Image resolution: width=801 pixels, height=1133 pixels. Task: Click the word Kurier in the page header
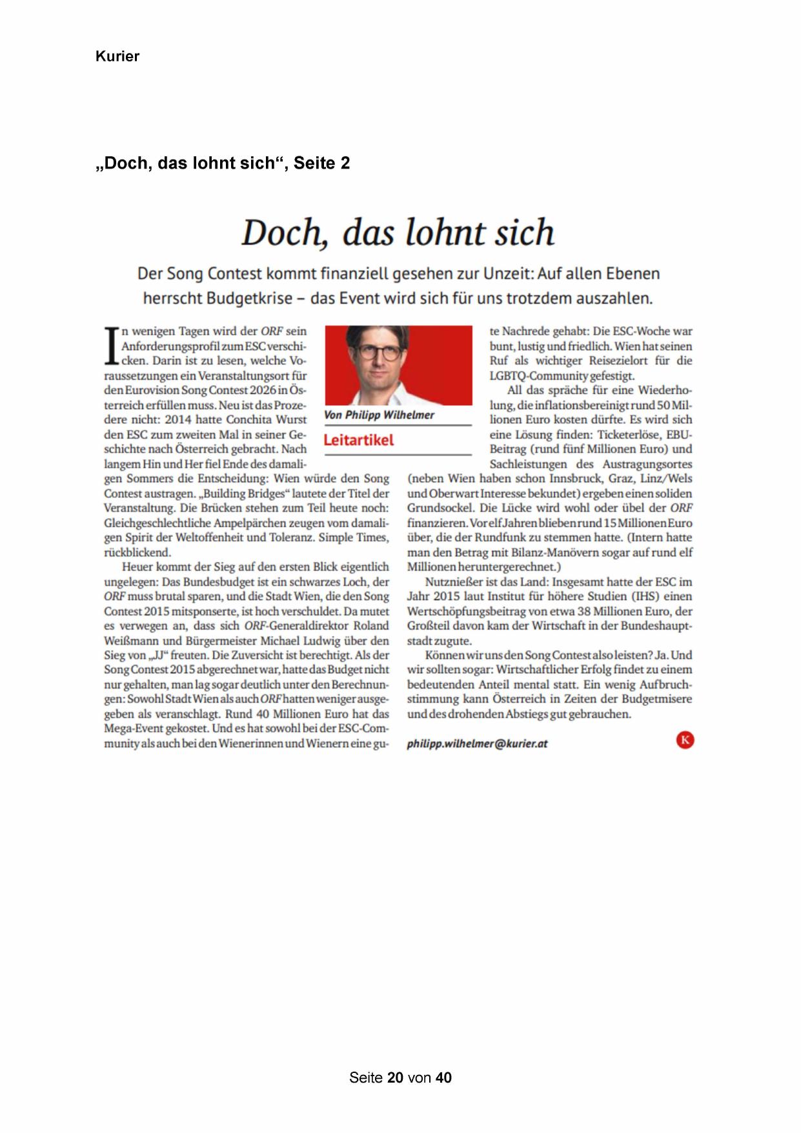tap(117, 56)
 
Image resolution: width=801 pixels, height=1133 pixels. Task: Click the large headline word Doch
tap(283, 233)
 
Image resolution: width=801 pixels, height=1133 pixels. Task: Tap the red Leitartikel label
tap(358, 441)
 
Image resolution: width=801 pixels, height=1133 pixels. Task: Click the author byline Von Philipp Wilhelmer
tap(379, 415)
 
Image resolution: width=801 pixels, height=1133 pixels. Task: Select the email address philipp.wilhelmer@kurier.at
tap(477, 743)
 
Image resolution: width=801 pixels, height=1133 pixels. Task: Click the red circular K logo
tap(685, 740)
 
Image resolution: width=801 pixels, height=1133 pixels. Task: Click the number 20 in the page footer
tap(396, 1077)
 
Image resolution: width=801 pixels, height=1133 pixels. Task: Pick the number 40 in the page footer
tap(443, 1077)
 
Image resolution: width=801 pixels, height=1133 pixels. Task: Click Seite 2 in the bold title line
tap(321, 163)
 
